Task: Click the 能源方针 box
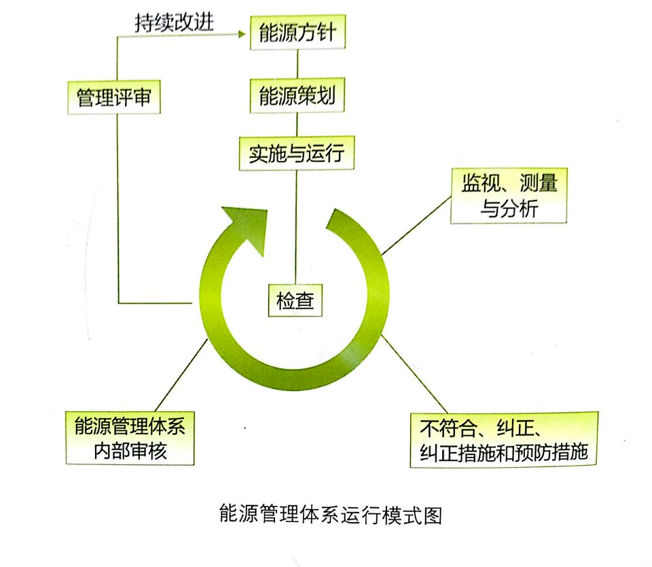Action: click(x=297, y=33)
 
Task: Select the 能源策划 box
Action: click(x=297, y=97)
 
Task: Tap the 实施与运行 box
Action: click(x=296, y=154)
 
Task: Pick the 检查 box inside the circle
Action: click(x=295, y=300)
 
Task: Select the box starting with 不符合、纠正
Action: click(x=503, y=439)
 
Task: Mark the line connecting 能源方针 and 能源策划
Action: click(x=297, y=64)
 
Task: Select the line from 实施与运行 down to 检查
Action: click(x=296, y=224)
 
